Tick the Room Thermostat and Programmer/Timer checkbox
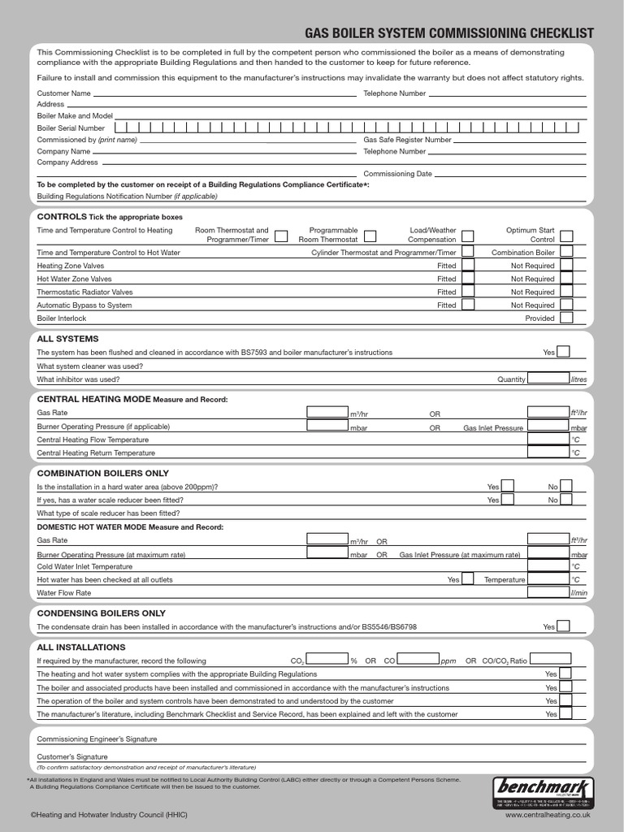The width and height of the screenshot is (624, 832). coord(280,236)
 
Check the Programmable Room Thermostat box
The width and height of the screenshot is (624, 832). coord(370,236)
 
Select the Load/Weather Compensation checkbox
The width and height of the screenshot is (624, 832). coord(468,236)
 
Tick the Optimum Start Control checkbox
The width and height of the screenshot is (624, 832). coord(566,236)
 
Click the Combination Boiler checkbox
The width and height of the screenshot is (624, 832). coord(566,253)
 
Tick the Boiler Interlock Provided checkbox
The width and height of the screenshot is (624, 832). coord(566,318)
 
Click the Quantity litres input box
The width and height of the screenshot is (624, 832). coord(548,379)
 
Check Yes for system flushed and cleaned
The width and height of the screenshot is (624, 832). coord(563,352)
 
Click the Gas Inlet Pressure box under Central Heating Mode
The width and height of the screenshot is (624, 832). coord(548,427)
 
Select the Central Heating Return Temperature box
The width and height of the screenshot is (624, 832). coord(548,453)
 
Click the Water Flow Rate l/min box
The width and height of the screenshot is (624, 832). coord(548,592)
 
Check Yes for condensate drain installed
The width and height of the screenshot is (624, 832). coord(563,626)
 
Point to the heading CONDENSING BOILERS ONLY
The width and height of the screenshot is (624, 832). coord(101,613)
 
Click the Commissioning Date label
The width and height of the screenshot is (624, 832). coord(397,174)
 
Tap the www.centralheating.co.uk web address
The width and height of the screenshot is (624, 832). coord(547,813)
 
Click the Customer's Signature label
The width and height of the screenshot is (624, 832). coord(72,756)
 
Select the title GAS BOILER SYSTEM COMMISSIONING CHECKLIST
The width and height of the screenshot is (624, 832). coord(448,33)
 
